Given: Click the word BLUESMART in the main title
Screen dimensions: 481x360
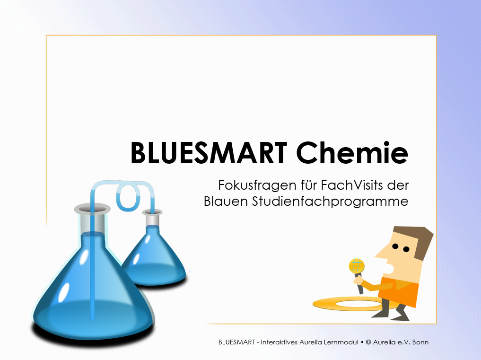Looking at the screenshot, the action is coord(209,152).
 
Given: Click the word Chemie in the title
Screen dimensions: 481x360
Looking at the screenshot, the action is coord(352,152).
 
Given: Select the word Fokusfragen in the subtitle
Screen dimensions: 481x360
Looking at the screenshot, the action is coord(257,185).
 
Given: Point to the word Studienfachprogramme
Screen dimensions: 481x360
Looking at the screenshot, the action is coord(330,202).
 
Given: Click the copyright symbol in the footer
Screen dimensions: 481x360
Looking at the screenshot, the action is coord(368,342).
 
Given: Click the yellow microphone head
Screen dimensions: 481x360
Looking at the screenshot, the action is coord(357,266).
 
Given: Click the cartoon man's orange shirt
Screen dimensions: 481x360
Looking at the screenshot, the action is coord(399,290).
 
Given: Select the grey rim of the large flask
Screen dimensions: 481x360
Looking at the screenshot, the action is coord(92,209).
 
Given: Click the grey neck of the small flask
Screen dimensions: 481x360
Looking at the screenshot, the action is coord(152,219).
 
